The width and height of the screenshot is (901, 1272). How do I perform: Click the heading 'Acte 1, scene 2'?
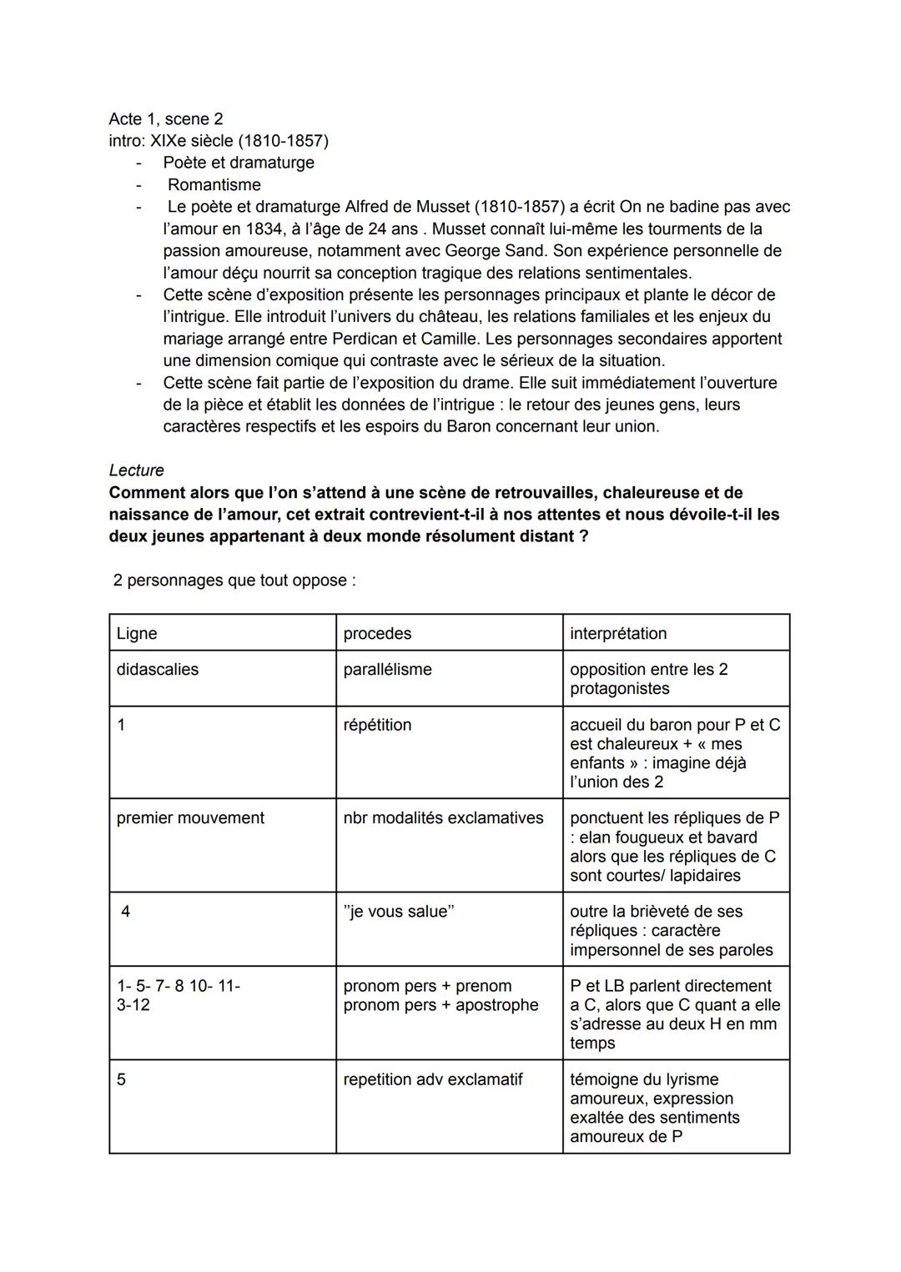[x=165, y=119]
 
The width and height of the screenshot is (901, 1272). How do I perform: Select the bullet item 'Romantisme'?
[x=214, y=185]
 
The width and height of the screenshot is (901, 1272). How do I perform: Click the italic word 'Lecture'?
[x=136, y=470]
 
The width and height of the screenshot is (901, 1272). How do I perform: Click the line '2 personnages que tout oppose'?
[x=234, y=581]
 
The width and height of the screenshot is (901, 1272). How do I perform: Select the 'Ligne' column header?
[x=137, y=633]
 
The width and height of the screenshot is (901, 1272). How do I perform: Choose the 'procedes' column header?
[x=377, y=633]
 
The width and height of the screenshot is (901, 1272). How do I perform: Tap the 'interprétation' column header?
[x=618, y=633]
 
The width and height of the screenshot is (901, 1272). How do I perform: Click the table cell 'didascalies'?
[x=158, y=670]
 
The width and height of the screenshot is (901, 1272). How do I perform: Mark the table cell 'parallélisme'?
[x=387, y=670]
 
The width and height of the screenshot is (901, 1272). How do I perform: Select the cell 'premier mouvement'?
[x=190, y=818]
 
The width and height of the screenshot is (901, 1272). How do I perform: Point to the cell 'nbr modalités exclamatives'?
[x=443, y=818]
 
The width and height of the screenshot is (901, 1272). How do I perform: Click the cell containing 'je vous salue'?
[x=399, y=912]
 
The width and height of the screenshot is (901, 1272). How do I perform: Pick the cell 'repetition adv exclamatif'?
[x=432, y=1080]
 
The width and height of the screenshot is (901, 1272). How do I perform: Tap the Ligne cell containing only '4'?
[x=125, y=912]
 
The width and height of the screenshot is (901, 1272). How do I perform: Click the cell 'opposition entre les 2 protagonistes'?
[x=648, y=679]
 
